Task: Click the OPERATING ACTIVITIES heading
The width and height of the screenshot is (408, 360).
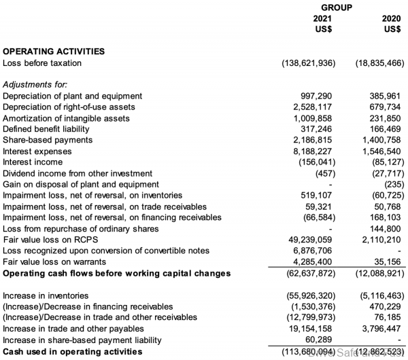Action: click(54, 51)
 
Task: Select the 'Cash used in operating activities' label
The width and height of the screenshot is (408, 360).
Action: click(73, 352)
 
